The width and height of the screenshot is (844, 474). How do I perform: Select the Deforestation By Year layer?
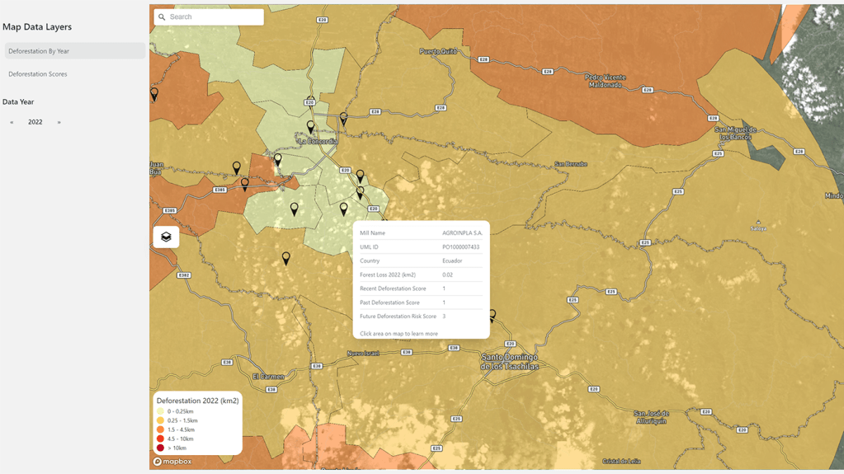(39, 51)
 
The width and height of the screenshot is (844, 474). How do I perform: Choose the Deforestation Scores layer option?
(38, 74)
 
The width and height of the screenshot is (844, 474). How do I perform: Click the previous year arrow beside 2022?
(12, 122)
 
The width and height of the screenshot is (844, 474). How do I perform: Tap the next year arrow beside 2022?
(59, 122)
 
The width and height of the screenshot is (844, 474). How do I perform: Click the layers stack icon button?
(166, 237)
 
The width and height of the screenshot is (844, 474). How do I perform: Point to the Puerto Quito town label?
(437, 51)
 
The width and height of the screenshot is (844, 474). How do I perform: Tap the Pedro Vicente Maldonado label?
(606, 81)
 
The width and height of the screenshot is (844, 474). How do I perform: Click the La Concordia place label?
(318, 141)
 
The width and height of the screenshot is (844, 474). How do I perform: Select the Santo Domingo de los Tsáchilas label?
(510, 361)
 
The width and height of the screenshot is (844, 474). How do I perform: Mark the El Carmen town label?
(268, 377)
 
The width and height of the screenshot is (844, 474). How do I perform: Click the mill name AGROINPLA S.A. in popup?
(462, 233)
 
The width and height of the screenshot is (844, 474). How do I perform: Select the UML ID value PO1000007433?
(460, 247)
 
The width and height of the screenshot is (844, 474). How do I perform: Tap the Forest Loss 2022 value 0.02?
(447, 275)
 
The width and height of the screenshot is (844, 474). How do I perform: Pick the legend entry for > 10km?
(176, 448)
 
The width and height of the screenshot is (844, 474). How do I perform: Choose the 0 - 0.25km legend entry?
(180, 411)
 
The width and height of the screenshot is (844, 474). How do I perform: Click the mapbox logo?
(172, 462)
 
